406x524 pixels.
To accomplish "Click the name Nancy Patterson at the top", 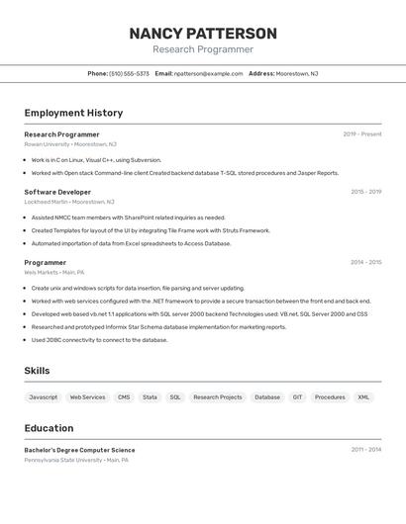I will pyautogui.click(x=203, y=34).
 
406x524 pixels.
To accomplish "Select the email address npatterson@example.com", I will pyautogui.click(x=208, y=73).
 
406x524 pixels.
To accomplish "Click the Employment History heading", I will pyautogui.click(x=73, y=113).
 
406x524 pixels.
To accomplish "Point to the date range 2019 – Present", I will pyautogui.click(x=361, y=133).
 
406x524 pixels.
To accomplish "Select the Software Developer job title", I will pyautogui.click(x=57, y=192).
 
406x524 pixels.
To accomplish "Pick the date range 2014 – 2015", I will pyautogui.click(x=365, y=262).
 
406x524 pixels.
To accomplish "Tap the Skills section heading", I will pyautogui.click(x=37, y=371).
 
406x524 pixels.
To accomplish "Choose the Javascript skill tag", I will pyautogui.click(x=44, y=396).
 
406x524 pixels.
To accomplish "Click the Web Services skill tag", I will pyautogui.click(x=87, y=396).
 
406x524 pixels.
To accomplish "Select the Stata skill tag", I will pyautogui.click(x=150, y=396).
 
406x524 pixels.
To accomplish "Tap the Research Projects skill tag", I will pyautogui.click(x=217, y=396).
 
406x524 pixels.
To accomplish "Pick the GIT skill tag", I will pyautogui.click(x=297, y=396).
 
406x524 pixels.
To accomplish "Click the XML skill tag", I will pyautogui.click(x=363, y=396).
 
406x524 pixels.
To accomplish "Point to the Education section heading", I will pyautogui.click(x=49, y=428).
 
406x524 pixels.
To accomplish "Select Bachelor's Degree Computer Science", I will pyautogui.click(x=79, y=450).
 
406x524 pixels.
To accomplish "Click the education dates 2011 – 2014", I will pyautogui.click(x=365, y=449).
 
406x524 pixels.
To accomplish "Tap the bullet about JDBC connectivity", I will pyautogui.click(x=99, y=339).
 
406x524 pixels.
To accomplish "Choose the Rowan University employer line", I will pyautogui.click(x=70, y=144).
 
